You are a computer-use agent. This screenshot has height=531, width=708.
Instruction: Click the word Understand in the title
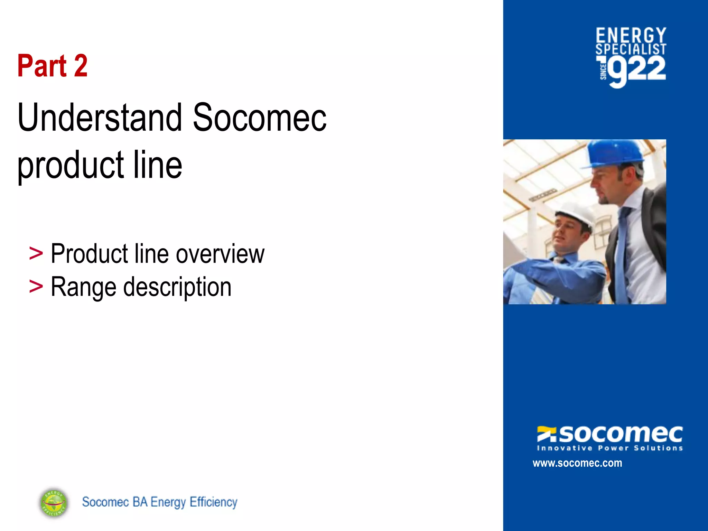click(x=100, y=118)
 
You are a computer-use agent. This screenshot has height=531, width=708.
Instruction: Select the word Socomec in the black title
click(x=259, y=118)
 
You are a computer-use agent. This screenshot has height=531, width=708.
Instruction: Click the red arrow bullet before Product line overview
click(x=36, y=254)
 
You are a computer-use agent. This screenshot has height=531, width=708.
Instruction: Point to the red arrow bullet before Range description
click(x=36, y=287)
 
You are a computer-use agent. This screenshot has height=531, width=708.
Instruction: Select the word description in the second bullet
click(x=177, y=287)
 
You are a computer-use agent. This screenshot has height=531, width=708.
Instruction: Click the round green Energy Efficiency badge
click(x=54, y=503)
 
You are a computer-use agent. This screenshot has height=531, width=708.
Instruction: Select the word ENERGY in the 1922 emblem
click(x=631, y=36)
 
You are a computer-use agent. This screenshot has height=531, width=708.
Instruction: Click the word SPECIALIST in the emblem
click(x=631, y=49)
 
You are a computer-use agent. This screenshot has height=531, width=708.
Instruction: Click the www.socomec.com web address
click(x=577, y=463)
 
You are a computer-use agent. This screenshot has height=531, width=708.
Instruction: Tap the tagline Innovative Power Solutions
click(x=610, y=448)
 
